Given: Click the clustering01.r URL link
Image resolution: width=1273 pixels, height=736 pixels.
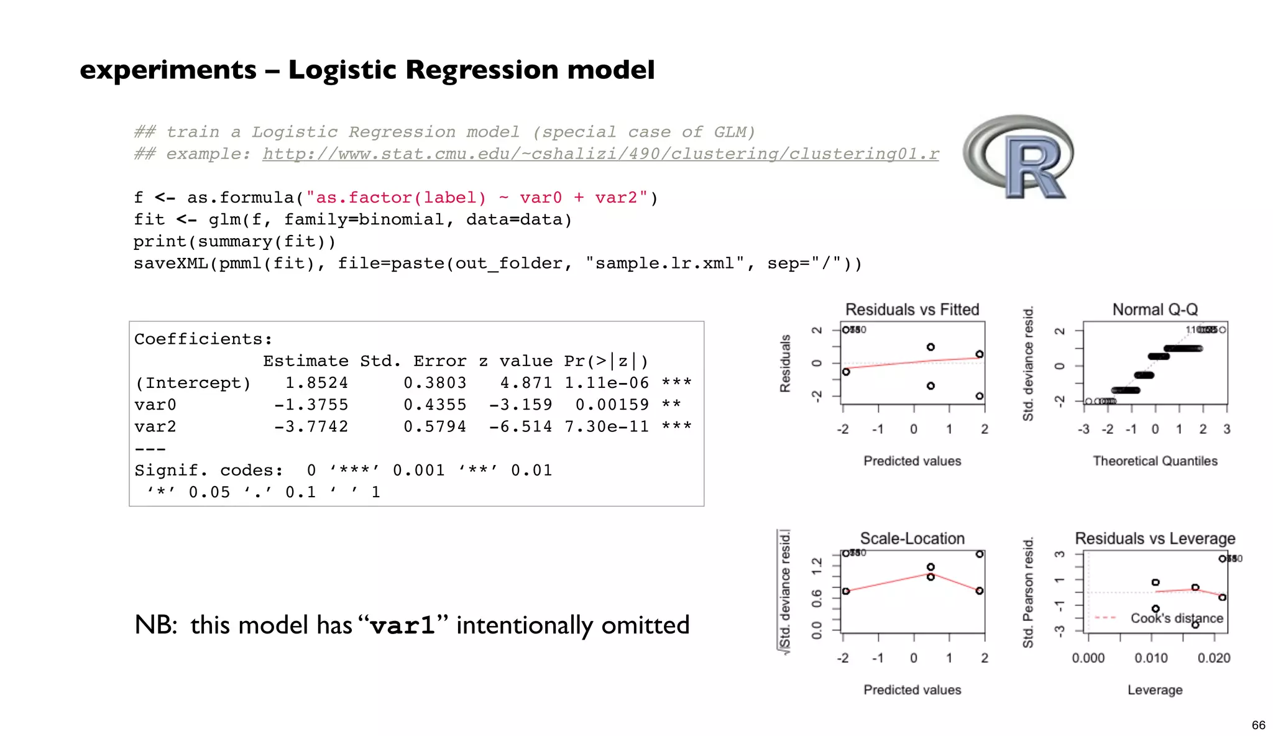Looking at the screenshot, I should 600,154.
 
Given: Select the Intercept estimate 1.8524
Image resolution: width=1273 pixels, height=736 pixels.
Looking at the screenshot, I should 316,383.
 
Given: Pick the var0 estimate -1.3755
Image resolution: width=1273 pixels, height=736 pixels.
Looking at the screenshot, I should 311,405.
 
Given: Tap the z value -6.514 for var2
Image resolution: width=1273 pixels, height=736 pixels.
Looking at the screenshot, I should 520,426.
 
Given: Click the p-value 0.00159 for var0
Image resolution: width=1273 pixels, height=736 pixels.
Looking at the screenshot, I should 612,405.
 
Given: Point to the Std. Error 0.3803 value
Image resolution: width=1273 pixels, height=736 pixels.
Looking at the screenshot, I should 434,383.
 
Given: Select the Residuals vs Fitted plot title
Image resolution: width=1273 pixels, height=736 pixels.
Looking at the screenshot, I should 912,310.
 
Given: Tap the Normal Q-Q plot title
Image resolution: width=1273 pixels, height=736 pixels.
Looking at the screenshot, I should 1155,310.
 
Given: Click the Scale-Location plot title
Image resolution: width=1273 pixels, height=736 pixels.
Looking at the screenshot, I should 912,538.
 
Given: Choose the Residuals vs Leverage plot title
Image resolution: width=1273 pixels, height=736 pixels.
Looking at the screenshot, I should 1155,538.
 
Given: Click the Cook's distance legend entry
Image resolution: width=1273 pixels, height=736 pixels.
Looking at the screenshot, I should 1176,618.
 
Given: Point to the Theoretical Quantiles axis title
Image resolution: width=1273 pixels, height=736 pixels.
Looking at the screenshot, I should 1155,461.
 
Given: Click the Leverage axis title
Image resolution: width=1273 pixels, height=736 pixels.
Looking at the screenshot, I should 1155,690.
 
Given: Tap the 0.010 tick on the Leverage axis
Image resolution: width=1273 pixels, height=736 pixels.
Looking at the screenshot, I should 1151,658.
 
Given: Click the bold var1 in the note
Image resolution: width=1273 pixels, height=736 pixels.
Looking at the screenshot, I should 402,625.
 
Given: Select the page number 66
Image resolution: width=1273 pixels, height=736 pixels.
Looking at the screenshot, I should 1258,725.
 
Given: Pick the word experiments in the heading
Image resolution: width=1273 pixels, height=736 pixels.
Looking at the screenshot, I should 168,70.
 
